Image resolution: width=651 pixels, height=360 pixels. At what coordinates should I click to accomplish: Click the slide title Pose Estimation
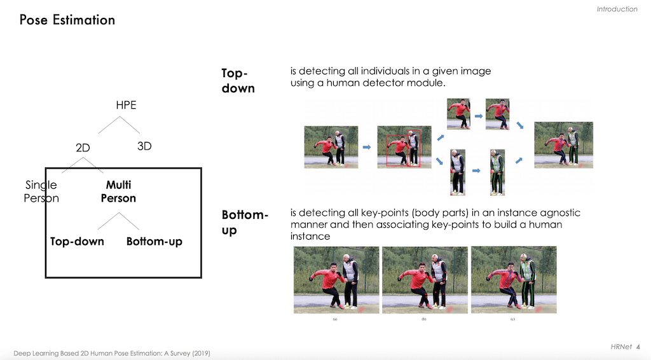pyautogui.click(x=67, y=20)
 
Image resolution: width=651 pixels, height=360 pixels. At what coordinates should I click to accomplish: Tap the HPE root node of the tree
pyautogui.click(x=127, y=105)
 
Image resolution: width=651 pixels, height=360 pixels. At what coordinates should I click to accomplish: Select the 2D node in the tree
pyautogui.click(x=83, y=148)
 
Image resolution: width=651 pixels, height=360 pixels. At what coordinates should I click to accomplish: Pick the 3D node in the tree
pyautogui.click(x=144, y=146)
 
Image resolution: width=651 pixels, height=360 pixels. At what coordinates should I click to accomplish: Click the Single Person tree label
pyautogui.click(x=41, y=191)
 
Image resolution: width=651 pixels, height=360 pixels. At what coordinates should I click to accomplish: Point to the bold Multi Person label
pyautogui.click(x=118, y=191)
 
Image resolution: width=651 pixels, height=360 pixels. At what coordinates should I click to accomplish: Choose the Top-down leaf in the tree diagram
pyautogui.click(x=77, y=241)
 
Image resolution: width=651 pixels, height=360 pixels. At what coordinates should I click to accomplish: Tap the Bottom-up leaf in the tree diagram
pyautogui.click(x=154, y=242)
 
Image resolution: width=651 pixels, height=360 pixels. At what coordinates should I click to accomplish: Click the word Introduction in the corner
pyautogui.click(x=617, y=9)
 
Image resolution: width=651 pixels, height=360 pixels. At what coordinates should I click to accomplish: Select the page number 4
pyautogui.click(x=638, y=347)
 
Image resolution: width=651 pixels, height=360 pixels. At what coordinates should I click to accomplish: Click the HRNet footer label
pyautogui.click(x=621, y=347)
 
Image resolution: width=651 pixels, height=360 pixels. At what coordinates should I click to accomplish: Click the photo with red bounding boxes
pyautogui.click(x=404, y=147)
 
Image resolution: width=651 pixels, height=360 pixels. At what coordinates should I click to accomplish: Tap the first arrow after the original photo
pyautogui.click(x=367, y=147)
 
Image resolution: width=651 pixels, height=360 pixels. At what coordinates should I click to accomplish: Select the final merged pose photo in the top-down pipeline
pyautogui.click(x=563, y=145)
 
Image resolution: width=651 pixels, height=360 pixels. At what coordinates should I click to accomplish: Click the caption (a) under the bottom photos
pyautogui.click(x=335, y=319)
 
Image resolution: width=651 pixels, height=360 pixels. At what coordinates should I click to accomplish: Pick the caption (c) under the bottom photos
pyautogui.click(x=513, y=319)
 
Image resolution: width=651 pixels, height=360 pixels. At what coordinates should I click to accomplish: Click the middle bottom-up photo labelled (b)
pyautogui.click(x=425, y=280)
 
